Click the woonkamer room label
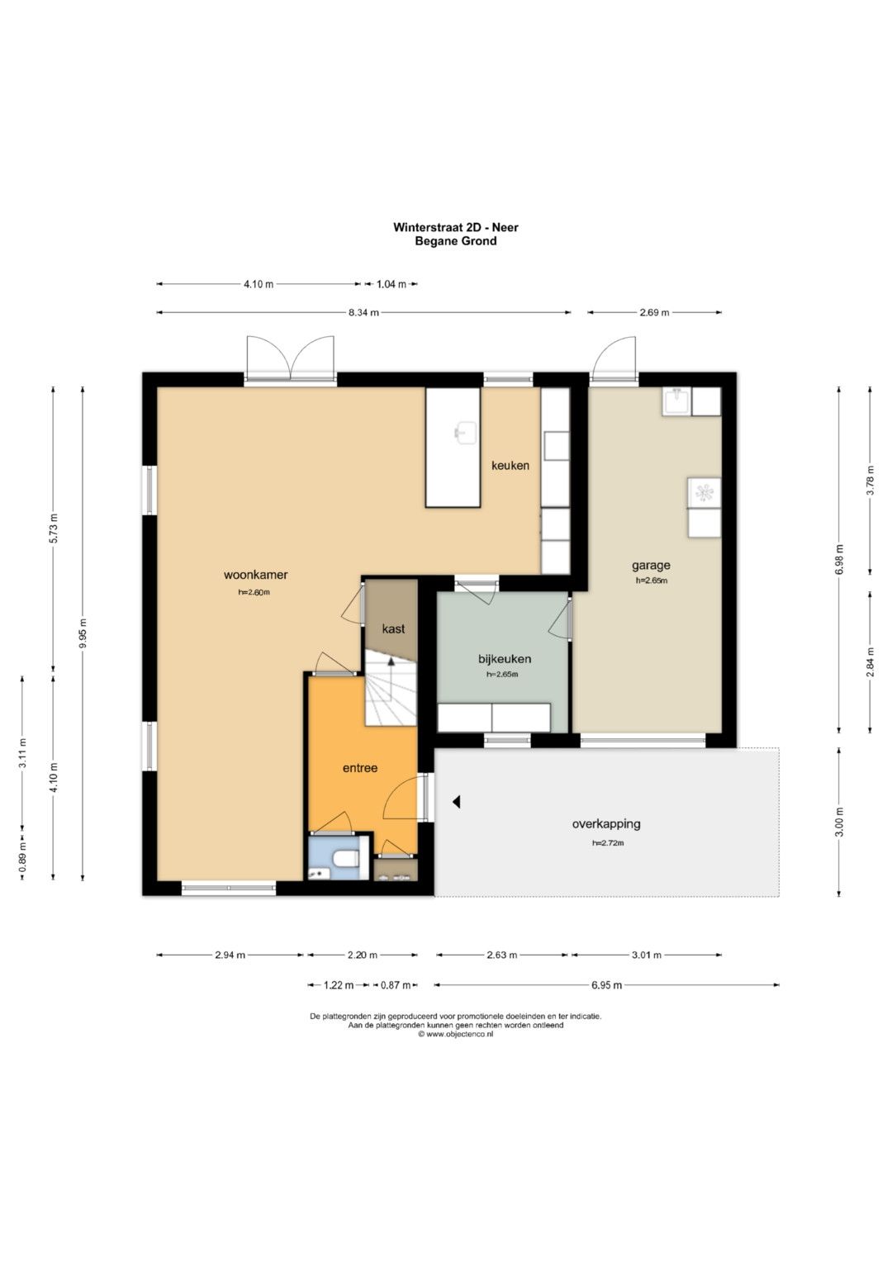[x=256, y=575]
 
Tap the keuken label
[x=510, y=466]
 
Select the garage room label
[x=651, y=566]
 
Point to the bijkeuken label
[x=505, y=659]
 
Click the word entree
[x=360, y=768]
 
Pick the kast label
[x=393, y=628]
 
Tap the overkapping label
[x=606, y=823]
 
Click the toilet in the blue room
[x=345, y=859]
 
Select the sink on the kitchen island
[x=465, y=433]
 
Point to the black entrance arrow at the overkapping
[x=456, y=802]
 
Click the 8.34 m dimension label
[x=363, y=312]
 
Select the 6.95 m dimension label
[x=606, y=985]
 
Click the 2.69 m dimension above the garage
[x=654, y=312]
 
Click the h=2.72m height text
[x=608, y=842]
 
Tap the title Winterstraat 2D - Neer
[x=456, y=227]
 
